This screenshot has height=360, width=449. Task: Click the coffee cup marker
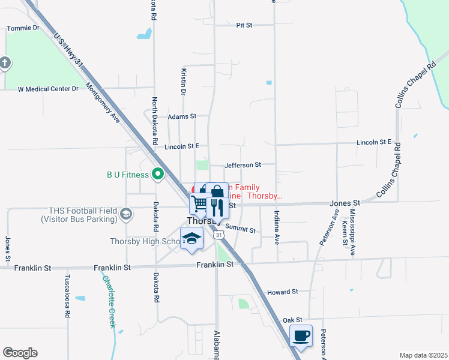(x=301, y=335)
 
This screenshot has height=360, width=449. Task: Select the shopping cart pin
(x=200, y=203)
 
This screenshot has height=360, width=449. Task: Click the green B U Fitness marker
(x=158, y=175)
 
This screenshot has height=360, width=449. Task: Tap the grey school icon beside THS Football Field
(x=125, y=214)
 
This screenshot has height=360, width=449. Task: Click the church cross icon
(x=4, y=62)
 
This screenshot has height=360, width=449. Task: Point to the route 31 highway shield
(x=220, y=235)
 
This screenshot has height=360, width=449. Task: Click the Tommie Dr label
(x=23, y=28)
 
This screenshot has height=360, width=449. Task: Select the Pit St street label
(x=244, y=25)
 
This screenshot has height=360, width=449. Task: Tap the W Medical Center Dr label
(x=48, y=89)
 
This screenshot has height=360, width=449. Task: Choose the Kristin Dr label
(x=183, y=80)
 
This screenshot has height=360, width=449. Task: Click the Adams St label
(x=182, y=116)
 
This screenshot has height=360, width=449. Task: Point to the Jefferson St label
(x=243, y=164)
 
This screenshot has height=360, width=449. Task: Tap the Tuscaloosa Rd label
(x=68, y=296)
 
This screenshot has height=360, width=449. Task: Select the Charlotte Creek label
(x=108, y=301)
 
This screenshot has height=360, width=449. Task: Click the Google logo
(x=20, y=353)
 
